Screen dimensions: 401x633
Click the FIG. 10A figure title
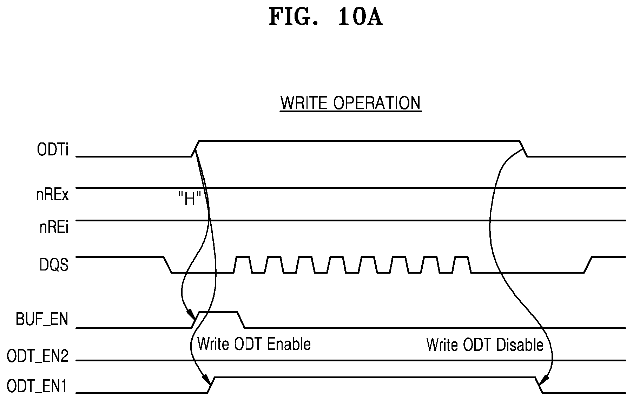[x=325, y=17]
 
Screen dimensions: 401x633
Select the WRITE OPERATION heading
[x=350, y=103]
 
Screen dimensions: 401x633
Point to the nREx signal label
[x=52, y=195]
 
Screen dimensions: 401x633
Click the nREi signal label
[x=54, y=228]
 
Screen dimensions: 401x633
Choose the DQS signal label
[x=54, y=265]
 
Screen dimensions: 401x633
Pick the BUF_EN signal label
[x=42, y=320]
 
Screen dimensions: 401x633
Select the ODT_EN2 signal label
[x=37, y=357]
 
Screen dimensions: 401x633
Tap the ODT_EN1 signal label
[x=37, y=387]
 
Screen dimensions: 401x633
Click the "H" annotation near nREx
[x=189, y=200]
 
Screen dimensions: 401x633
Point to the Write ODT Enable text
[x=254, y=344]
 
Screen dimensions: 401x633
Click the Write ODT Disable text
[x=485, y=345]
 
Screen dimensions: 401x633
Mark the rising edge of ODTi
[x=195, y=149]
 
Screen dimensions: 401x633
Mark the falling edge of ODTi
[x=524, y=149]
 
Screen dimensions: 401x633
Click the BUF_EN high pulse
[x=218, y=312]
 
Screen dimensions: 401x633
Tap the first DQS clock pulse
[x=243, y=265]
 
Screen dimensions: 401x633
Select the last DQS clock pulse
[x=461, y=265]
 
